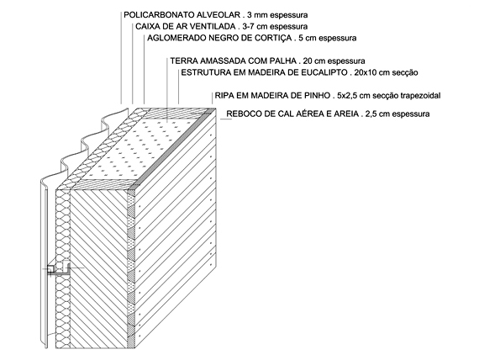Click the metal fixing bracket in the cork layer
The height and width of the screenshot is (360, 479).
point(59,269)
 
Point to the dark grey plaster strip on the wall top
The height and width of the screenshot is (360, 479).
point(171,148)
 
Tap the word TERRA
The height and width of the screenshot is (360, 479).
point(182,61)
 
